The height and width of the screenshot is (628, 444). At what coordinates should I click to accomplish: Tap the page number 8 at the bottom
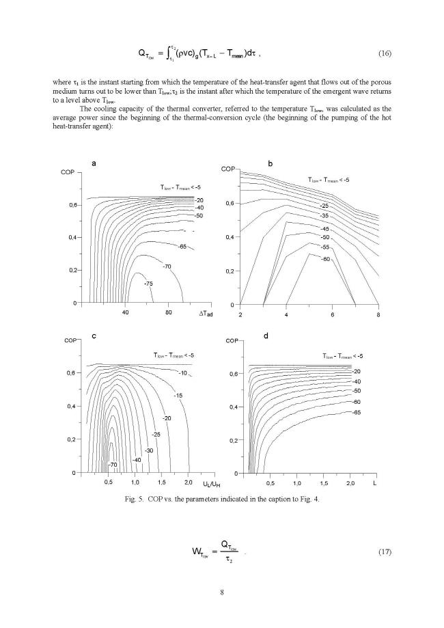pyautogui.click(x=222, y=591)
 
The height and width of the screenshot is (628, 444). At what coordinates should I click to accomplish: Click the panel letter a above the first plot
pyautogui.click(x=94, y=163)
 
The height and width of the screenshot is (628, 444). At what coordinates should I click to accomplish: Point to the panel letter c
pyautogui.click(x=94, y=336)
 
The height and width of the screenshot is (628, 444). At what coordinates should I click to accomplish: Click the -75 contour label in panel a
pyautogui.click(x=149, y=282)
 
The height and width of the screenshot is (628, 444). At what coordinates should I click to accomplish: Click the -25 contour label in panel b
pyautogui.click(x=324, y=206)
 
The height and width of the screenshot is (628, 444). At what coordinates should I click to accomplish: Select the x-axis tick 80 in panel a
pyautogui.click(x=169, y=313)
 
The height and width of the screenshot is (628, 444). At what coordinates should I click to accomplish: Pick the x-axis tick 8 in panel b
pyautogui.click(x=378, y=315)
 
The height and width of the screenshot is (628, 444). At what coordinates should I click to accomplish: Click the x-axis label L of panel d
pyautogui.click(x=374, y=484)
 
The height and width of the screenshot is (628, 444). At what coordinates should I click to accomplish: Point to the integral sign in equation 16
pyautogui.click(x=174, y=53)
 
